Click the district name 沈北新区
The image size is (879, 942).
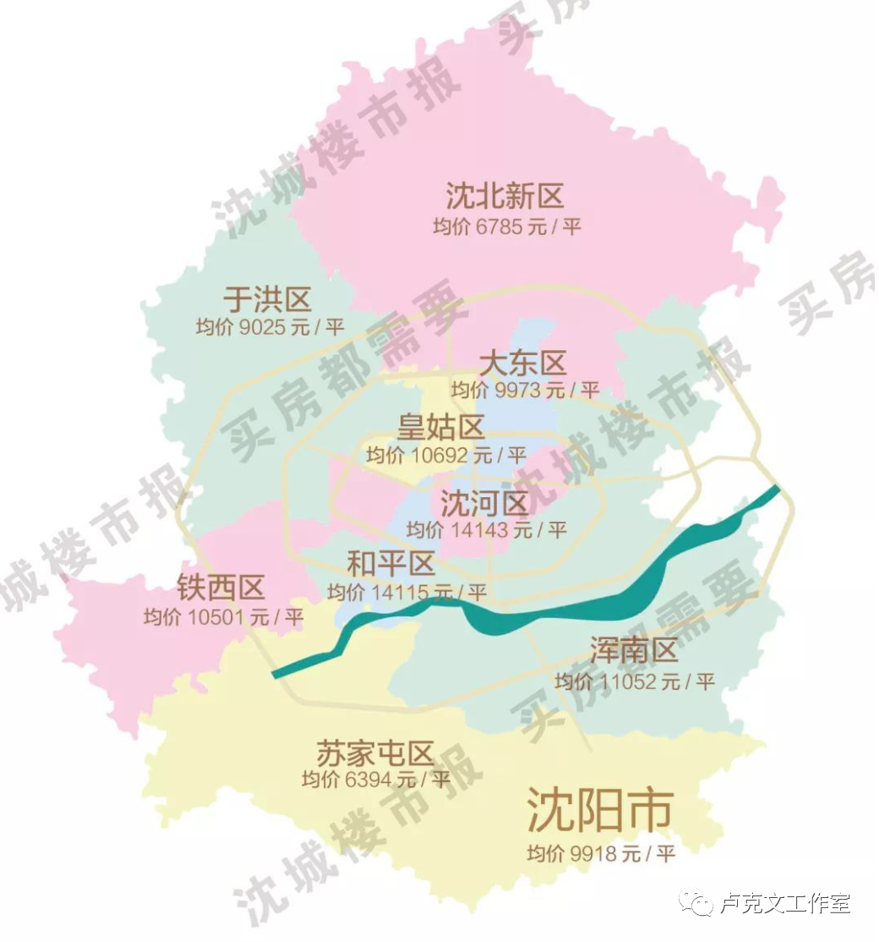[505, 196]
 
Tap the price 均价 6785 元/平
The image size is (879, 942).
[507, 227]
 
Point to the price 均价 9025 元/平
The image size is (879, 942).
[270, 327]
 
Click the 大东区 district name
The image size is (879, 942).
[522, 364]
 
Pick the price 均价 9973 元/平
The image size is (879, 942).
[525, 390]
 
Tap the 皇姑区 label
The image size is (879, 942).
[441, 427]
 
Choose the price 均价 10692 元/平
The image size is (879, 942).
[446, 455]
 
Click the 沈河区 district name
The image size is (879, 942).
[484, 504]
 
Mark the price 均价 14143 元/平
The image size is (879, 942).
[486, 530]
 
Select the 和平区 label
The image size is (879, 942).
[391, 563]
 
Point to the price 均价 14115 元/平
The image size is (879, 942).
[407, 592]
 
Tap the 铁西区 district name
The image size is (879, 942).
[221, 587]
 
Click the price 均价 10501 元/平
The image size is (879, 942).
[223, 616]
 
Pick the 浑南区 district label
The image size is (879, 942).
[634, 651]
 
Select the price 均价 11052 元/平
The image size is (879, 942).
[635, 681]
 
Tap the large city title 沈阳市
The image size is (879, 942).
[599, 810]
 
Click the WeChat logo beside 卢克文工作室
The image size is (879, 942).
[701, 903]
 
